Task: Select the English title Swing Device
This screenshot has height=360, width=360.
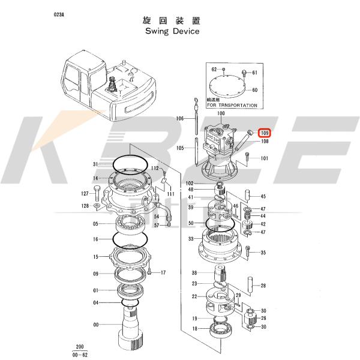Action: click(x=172, y=31)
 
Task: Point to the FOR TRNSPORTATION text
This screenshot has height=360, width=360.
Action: click(x=232, y=106)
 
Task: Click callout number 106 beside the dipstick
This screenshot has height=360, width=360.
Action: click(x=180, y=119)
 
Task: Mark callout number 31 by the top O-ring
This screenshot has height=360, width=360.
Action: click(x=95, y=165)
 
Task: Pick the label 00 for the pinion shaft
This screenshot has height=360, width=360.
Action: click(x=95, y=325)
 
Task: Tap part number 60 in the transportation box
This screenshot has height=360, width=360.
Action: click(x=254, y=90)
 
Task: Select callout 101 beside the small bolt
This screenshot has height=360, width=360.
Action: click(x=264, y=159)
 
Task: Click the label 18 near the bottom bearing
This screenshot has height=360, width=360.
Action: click(x=194, y=329)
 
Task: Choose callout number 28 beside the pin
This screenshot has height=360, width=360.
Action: click(x=263, y=286)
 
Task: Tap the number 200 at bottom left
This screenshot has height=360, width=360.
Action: click(x=80, y=347)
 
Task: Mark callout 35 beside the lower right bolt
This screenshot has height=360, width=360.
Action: click(x=263, y=253)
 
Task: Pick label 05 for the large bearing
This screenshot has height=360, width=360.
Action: click(x=95, y=224)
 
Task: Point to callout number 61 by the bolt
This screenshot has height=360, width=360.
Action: click(x=254, y=73)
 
